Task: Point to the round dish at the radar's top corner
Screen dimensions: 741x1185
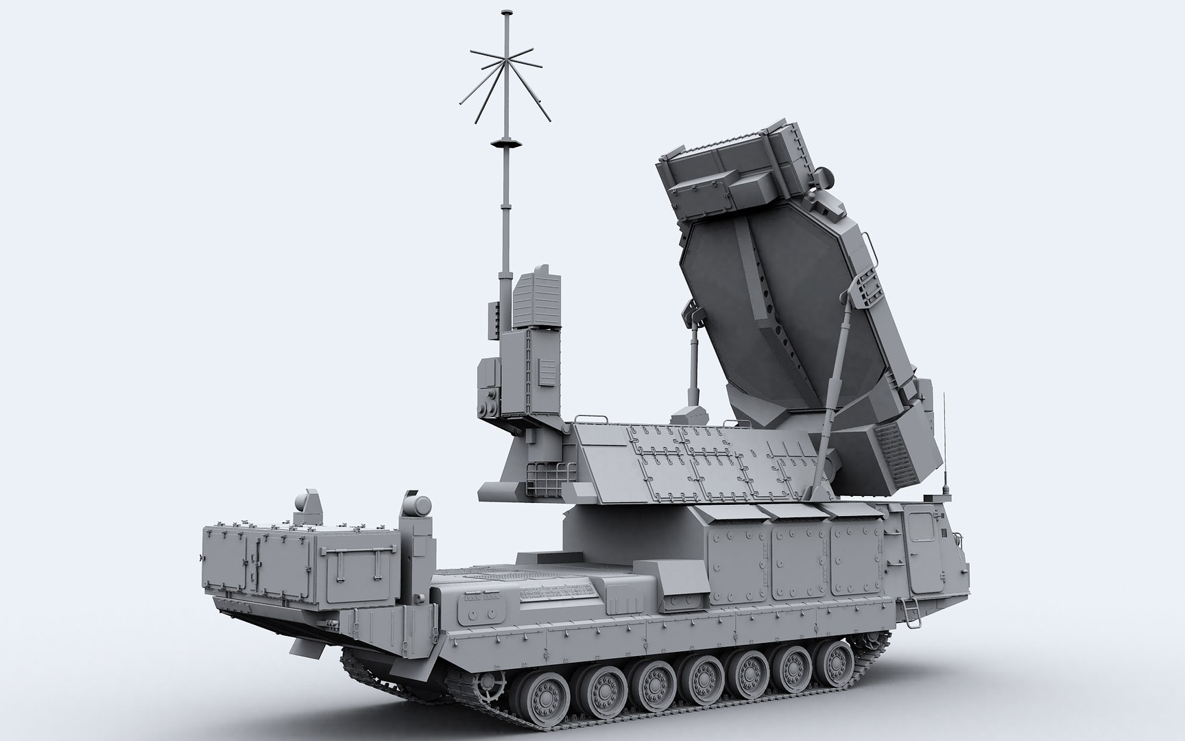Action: (x=826, y=180)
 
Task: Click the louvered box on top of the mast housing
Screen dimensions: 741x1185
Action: (x=536, y=300)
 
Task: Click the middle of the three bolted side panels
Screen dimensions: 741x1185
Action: (x=800, y=556)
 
